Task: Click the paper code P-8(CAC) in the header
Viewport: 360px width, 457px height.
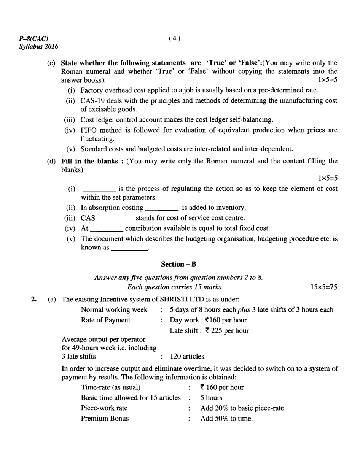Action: [33, 38]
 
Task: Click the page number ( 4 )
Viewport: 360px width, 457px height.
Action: [174, 38]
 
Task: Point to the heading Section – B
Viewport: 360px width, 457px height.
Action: [178, 264]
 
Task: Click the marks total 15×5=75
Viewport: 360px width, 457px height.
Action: [324, 287]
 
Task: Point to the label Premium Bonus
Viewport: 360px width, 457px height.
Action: [105, 419]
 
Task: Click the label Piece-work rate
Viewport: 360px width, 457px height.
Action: [104, 408]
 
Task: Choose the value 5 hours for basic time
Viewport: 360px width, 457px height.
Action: [211, 398]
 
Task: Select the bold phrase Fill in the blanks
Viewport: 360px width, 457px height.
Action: [89, 161]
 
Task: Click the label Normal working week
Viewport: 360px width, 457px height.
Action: [114, 310]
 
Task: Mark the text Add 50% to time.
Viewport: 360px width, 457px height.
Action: [226, 419]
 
